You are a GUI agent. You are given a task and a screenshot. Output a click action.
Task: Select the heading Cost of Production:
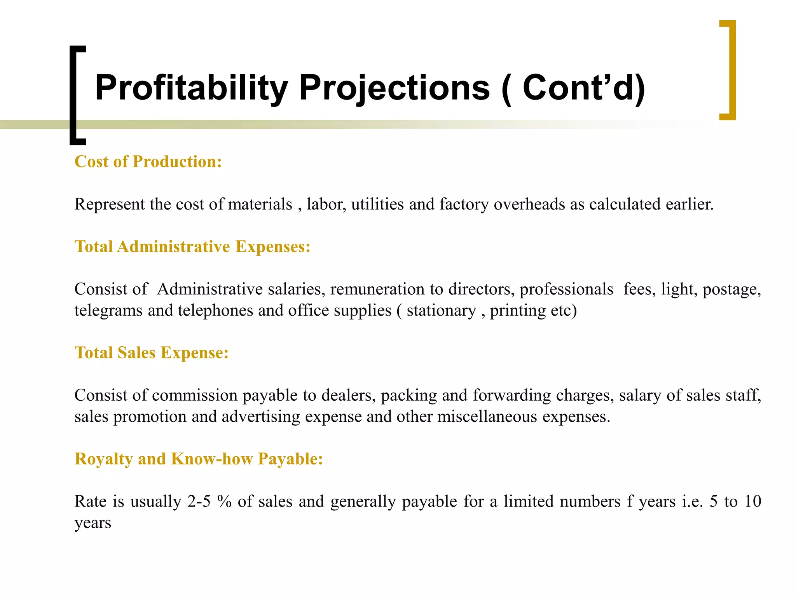(x=148, y=162)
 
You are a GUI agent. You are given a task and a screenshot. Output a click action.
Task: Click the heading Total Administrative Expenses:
(x=192, y=246)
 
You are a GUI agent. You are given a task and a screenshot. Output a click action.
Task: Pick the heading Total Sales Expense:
(x=152, y=353)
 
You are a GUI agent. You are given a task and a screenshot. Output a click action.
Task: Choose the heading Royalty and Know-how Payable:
(x=199, y=459)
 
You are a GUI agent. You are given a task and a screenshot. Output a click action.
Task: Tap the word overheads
(x=529, y=204)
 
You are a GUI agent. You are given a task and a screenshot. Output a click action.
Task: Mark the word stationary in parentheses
(x=441, y=311)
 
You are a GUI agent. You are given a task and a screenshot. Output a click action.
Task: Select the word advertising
(x=261, y=417)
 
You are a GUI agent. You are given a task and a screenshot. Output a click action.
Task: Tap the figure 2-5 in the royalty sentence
(x=199, y=501)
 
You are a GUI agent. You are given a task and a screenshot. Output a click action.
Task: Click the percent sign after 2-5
(x=225, y=501)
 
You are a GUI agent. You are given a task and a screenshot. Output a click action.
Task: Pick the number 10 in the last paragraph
(x=752, y=501)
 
